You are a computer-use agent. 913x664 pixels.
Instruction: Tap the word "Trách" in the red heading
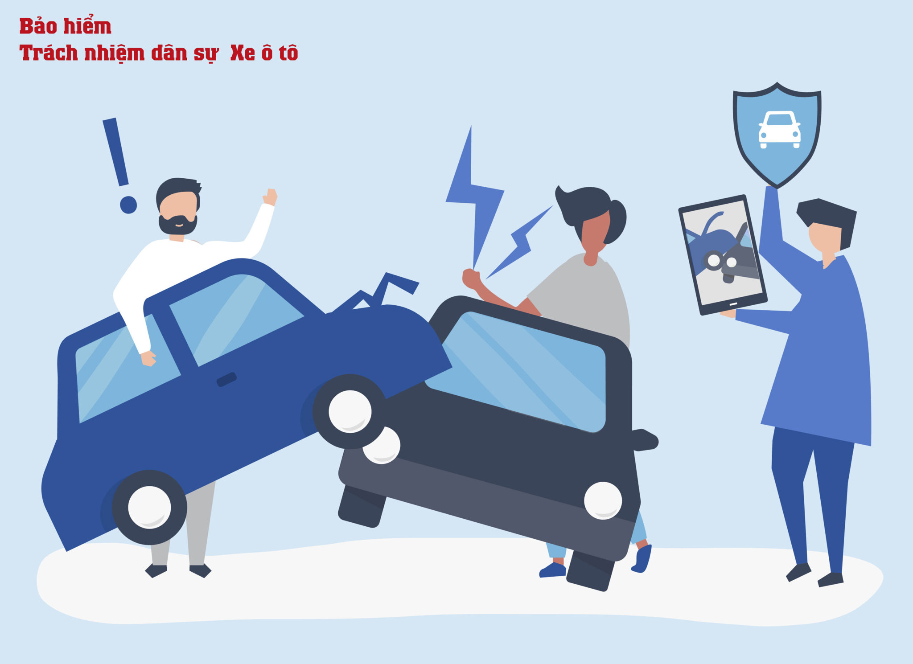point(49,53)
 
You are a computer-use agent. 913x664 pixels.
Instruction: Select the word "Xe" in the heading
point(243,53)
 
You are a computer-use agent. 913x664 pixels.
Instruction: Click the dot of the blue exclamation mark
point(128,205)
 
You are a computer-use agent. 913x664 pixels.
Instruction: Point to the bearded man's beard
point(177,225)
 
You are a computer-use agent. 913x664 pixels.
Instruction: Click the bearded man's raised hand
point(270,197)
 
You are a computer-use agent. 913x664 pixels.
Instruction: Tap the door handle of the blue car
point(226,379)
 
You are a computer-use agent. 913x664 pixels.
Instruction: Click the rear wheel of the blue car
point(149,507)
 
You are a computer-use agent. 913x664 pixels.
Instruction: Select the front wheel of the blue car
point(350,411)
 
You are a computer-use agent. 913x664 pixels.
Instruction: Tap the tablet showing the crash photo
point(722,254)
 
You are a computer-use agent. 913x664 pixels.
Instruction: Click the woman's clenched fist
point(471,279)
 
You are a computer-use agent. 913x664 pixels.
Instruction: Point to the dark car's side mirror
point(644,440)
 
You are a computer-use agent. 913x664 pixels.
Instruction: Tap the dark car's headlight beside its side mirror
point(603,500)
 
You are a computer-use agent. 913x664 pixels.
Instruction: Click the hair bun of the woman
point(617,221)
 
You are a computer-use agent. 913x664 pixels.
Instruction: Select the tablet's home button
point(733,304)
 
